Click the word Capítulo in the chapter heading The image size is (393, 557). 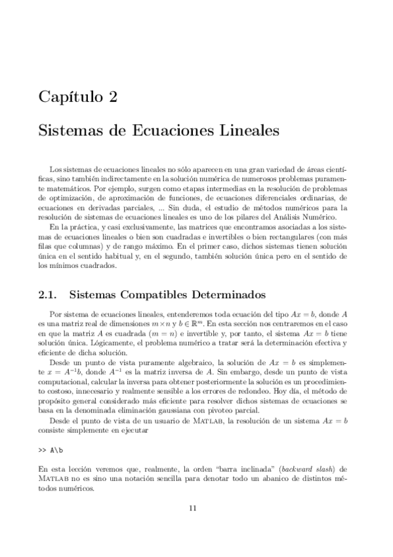tap(67, 98)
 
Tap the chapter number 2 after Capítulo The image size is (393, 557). tap(113, 98)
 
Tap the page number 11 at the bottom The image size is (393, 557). tap(192, 507)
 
